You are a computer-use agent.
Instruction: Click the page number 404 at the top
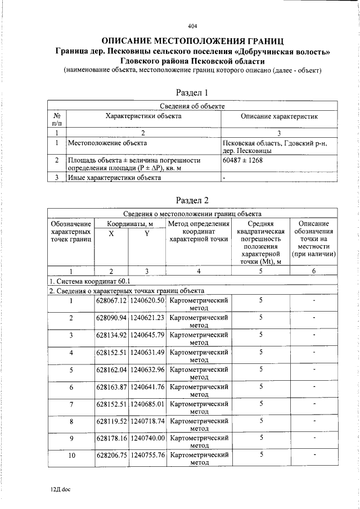coord(192,26)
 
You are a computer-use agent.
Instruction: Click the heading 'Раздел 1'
coord(192,92)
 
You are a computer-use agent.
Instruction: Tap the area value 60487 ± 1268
coord(243,160)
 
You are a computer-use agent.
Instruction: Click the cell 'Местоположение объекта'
coord(103,143)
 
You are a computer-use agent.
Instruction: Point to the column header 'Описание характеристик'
coord(279,116)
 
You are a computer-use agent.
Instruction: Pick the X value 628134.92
coord(111,335)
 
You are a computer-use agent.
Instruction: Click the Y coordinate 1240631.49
coord(147,353)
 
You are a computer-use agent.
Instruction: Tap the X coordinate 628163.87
coord(111,387)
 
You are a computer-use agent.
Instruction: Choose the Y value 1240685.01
coord(147,404)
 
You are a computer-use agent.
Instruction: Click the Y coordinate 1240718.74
coord(147,421)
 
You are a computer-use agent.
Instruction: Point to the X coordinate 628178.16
coord(111,438)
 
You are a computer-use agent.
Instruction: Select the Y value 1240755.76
coord(147,456)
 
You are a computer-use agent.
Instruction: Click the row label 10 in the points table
coord(71,456)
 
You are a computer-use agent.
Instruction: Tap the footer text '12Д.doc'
coord(59,489)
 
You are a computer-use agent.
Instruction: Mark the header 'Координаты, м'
coord(130,224)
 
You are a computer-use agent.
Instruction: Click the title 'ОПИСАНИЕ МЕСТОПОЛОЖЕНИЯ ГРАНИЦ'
coord(192,41)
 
